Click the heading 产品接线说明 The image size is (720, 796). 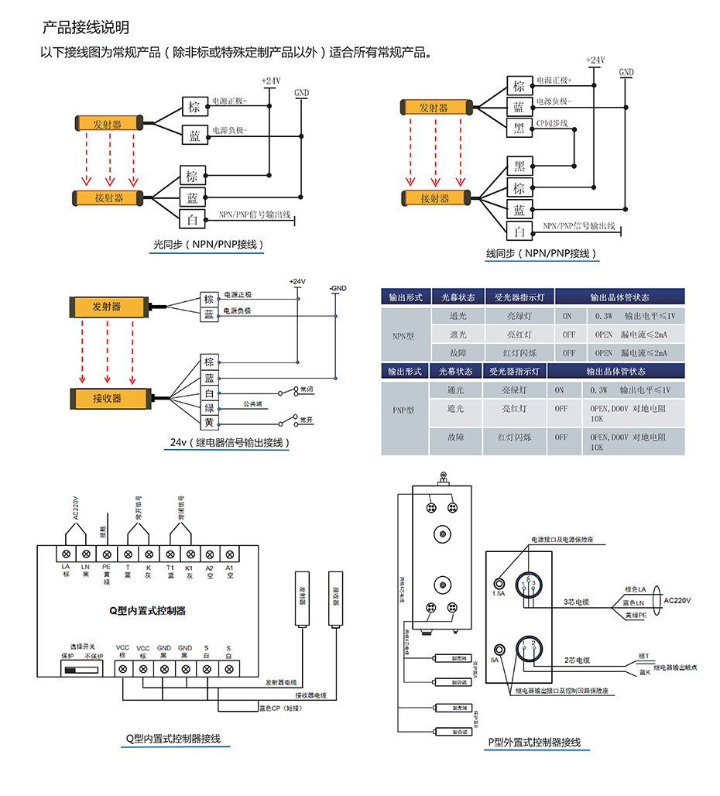pyautogui.click(x=85, y=29)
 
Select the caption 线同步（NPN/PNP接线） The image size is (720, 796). pyautogui.click(x=541, y=253)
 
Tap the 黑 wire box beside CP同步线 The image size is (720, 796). pyautogui.click(x=519, y=128)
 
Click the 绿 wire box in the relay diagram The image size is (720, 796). pyautogui.click(x=208, y=407)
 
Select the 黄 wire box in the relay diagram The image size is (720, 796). pyautogui.click(x=208, y=422)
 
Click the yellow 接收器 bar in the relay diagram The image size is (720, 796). pyautogui.click(x=108, y=398)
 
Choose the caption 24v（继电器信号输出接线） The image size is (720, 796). pyautogui.click(x=231, y=443)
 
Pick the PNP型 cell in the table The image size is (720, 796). pyautogui.click(x=403, y=410)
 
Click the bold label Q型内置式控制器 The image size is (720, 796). pyautogui.click(x=146, y=610)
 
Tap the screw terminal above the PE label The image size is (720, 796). pyautogui.click(x=106, y=554)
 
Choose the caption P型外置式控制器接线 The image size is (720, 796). pyautogui.click(x=534, y=743)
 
